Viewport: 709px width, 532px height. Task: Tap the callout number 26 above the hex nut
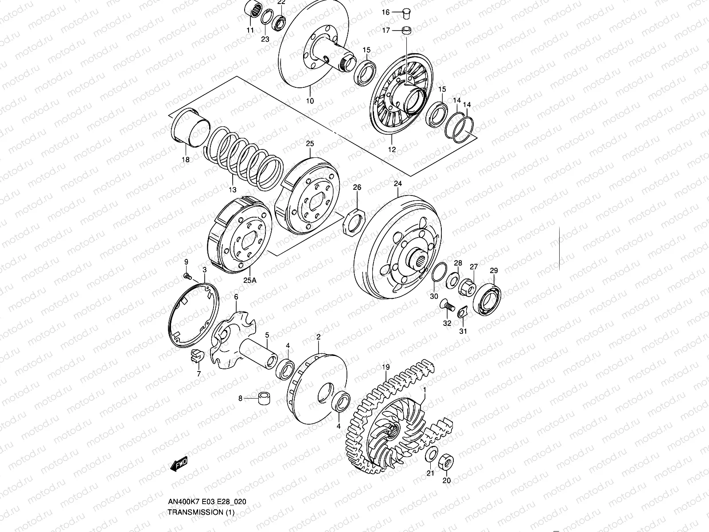pos(357,188)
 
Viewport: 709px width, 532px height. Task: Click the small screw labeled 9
pos(187,276)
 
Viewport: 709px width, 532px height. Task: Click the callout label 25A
pos(249,280)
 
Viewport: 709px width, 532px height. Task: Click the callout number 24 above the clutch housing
pos(397,183)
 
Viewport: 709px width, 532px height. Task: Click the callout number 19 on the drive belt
pos(386,367)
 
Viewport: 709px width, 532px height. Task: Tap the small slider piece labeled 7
pos(196,355)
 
